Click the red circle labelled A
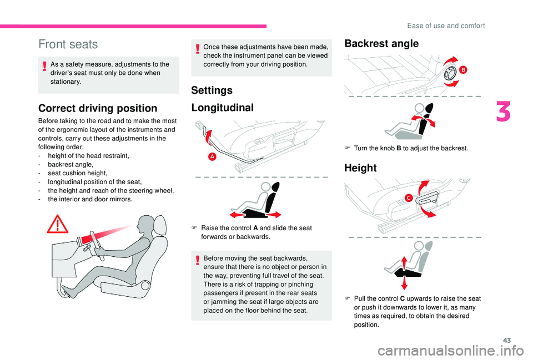pos(212,156)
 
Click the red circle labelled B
pos(463,70)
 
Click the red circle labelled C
pos(408,197)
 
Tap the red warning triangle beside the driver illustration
pos(58,224)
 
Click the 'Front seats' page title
pos(68,44)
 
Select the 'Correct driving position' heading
pos(98,108)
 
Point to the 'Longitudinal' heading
pos(222,108)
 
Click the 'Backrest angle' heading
pos(381,44)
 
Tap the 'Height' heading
pos(360,168)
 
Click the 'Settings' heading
pos(212,90)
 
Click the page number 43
pos(507,340)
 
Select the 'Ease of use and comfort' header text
pos(446,26)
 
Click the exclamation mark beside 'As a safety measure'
pos(44,66)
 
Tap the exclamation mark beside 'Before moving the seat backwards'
pos(198,261)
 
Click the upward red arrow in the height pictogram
pos(404,263)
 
